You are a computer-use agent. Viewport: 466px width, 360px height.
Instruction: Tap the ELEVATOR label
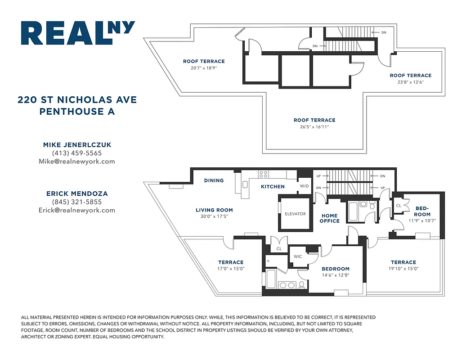pos(295,214)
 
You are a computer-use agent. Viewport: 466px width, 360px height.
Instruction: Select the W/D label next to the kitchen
pos(305,186)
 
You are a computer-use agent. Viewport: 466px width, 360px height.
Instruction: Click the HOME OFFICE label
pos(329,218)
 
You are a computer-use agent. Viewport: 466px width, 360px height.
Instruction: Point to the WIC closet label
pos(298,256)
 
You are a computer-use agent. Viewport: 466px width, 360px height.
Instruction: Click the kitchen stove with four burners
pos(264,174)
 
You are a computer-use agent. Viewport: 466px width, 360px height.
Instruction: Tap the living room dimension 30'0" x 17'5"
pos(214,217)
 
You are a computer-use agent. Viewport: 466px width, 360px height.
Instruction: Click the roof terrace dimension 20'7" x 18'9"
pos(204,68)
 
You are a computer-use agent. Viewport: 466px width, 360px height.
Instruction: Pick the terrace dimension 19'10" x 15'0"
pos(403,269)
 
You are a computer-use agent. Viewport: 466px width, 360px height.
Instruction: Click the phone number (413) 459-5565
pos(77,153)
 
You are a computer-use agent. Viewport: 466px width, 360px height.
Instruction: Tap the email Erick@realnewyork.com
pos(77,210)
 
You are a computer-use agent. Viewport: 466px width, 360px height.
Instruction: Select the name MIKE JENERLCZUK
pos(77,145)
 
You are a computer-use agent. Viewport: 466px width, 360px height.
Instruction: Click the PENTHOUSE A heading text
pos(77,111)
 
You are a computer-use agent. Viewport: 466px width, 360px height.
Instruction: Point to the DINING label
pos(214,180)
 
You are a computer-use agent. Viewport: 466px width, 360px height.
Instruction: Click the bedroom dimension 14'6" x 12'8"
pos(336,275)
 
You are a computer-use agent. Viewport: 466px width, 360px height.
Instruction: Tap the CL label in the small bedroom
pos(399,205)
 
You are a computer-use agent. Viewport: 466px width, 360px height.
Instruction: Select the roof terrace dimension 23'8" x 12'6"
pos(410,82)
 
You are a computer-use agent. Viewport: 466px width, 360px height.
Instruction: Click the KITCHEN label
pos(273,186)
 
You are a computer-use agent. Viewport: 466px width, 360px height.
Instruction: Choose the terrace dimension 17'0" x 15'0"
pos(231,269)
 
